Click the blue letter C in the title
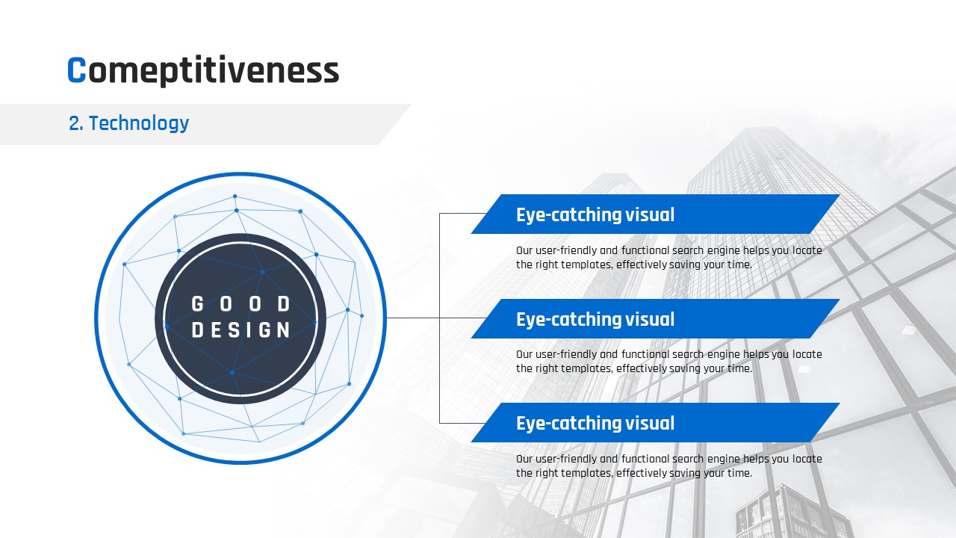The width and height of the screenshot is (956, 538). [77, 69]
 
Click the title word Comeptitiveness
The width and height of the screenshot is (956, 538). [203, 71]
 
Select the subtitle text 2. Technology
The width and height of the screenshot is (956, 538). [128, 123]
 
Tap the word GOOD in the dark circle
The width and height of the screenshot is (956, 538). [240, 304]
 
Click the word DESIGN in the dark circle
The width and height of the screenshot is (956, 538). [240, 330]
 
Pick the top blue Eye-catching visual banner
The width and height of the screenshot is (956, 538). [655, 214]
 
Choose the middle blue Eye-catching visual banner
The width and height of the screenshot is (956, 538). [655, 318]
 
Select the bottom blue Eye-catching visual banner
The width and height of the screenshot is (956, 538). [655, 422]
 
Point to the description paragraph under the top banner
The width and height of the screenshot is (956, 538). [668, 258]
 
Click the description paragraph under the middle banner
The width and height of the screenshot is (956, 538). [668, 361]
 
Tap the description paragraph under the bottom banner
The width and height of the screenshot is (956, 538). [668, 466]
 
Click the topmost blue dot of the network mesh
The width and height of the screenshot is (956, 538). [235, 197]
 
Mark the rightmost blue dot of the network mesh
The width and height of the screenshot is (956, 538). [362, 316]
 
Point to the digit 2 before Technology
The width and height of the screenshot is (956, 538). [74, 123]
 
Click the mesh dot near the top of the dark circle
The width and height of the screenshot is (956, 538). [262, 271]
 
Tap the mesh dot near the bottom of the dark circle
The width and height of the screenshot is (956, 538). [232, 373]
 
